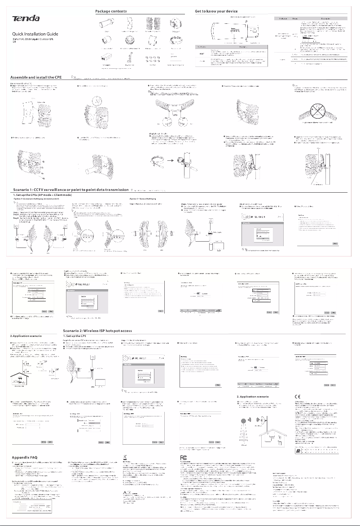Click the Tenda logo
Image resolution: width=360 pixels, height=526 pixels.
pos(26,18)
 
